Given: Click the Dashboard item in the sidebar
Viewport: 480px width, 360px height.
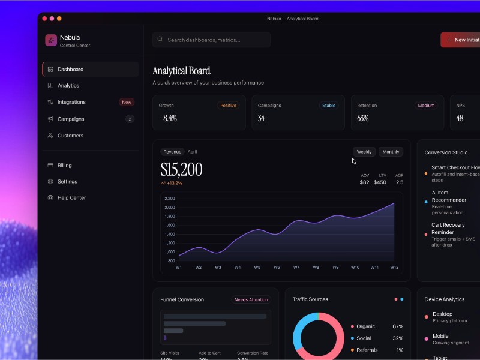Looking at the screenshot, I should point(70,70).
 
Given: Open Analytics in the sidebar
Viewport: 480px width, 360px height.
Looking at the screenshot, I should point(68,86).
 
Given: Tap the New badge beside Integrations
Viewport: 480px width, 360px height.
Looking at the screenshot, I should point(127,102).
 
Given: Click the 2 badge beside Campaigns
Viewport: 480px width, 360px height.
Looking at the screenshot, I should point(130,119).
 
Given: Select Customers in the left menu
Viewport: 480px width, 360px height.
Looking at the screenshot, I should point(70,136).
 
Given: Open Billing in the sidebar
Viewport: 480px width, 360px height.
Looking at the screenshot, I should point(64,165).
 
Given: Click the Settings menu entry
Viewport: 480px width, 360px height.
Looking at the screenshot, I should point(67,181).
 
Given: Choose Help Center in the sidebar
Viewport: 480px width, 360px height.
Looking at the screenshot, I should point(71,197).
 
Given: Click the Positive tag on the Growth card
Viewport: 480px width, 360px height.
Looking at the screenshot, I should point(228,106).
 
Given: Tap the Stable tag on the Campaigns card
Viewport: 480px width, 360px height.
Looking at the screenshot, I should point(329,106).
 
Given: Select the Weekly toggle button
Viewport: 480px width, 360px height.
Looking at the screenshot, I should point(364,152).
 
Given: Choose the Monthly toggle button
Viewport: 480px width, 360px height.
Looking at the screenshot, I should point(391,152).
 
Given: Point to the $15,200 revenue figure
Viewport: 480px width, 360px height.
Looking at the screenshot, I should point(181,169).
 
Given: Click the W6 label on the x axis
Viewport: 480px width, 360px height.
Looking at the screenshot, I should point(277,267).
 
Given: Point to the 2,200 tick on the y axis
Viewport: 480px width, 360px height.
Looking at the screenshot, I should point(169,199).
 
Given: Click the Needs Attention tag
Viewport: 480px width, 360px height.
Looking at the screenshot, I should point(251,299).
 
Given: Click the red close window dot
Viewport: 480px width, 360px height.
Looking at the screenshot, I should point(45,19).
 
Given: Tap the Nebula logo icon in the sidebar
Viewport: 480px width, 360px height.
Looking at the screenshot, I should point(51,40).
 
